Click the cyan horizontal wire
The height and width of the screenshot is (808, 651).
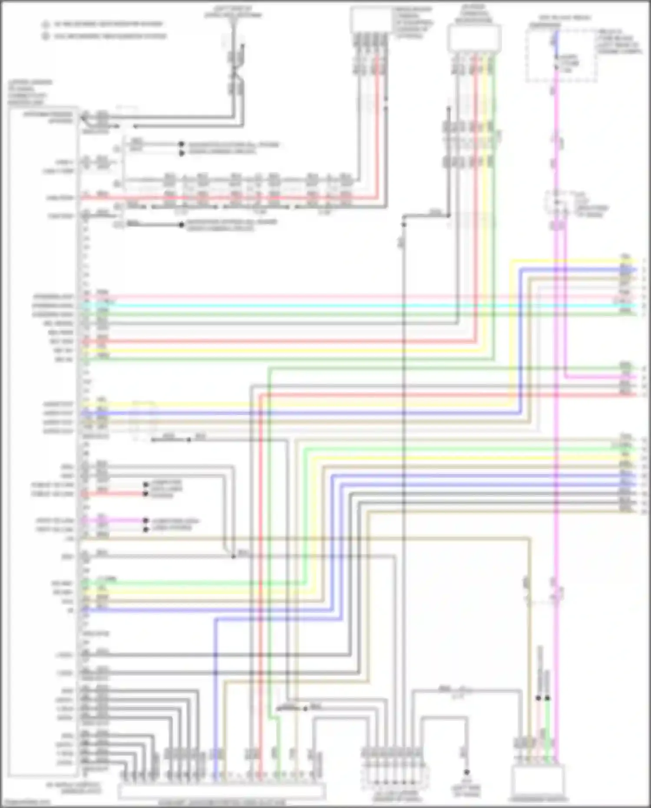pyautogui.click(x=347, y=306)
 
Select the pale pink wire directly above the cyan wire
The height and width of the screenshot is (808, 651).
pyautogui.click(x=347, y=297)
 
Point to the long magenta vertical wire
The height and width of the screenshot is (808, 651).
pyautogui.click(x=556, y=434)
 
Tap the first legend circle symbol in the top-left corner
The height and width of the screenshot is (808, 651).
pyautogui.click(x=46, y=25)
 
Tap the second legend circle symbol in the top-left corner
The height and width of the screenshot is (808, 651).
pyautogui.click(x=46, y=36)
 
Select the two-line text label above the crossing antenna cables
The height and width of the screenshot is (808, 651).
pyautogui.click(x=233, y=12)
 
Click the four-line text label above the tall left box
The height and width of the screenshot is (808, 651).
pyautogui.click(x=30, y=92)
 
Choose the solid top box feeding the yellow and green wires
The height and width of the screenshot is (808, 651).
pyautogui.click(x=474, y=39)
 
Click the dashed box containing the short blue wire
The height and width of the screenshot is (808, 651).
pyautogui.click(x=561, y=55)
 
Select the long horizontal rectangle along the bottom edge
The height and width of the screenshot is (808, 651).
pyautogui.click(x=221, y=792)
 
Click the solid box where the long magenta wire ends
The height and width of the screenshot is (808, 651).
pyautogui.click(x=538, y=780)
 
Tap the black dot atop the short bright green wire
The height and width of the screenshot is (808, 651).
pyautogui.click(x=548, y=698)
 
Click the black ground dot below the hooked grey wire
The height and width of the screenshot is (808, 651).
pyautogui.click(x=466, y=772)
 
